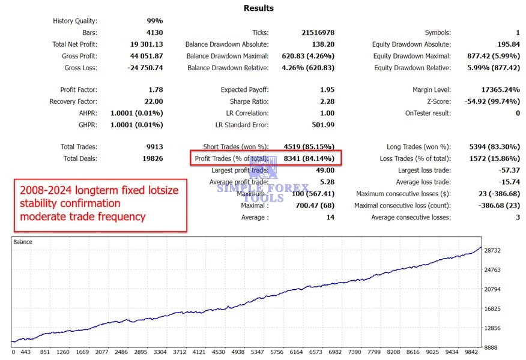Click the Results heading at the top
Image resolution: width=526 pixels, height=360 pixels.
[259, 8]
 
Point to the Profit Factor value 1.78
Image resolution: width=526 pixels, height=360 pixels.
[155, 90]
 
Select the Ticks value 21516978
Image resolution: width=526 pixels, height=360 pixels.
[318, 33]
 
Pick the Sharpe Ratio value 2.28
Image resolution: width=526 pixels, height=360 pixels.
[327, 102]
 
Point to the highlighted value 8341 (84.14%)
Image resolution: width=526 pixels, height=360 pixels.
[309, 159]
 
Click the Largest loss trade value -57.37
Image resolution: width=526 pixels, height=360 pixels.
[509, 171]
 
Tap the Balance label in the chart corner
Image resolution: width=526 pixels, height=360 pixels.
[23, 242]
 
